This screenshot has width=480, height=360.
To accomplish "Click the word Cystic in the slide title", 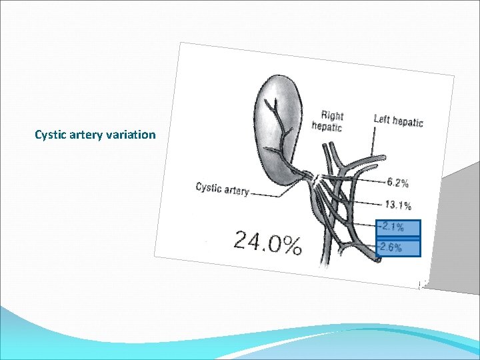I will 51,135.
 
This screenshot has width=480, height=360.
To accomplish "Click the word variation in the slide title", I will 131,135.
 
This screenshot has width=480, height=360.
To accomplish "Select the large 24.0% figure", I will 267,242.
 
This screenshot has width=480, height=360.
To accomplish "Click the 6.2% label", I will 398,182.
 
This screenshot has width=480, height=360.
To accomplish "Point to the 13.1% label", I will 398,205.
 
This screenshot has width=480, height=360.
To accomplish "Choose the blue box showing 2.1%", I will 399,227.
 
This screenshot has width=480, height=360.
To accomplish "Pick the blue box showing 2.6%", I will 399,247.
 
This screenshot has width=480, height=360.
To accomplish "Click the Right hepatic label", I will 329,121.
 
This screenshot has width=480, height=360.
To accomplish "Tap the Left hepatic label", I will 398,121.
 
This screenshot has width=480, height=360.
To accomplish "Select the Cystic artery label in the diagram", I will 222,189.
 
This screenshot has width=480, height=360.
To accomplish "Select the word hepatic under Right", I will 327,127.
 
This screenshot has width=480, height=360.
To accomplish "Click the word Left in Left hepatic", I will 381,119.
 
